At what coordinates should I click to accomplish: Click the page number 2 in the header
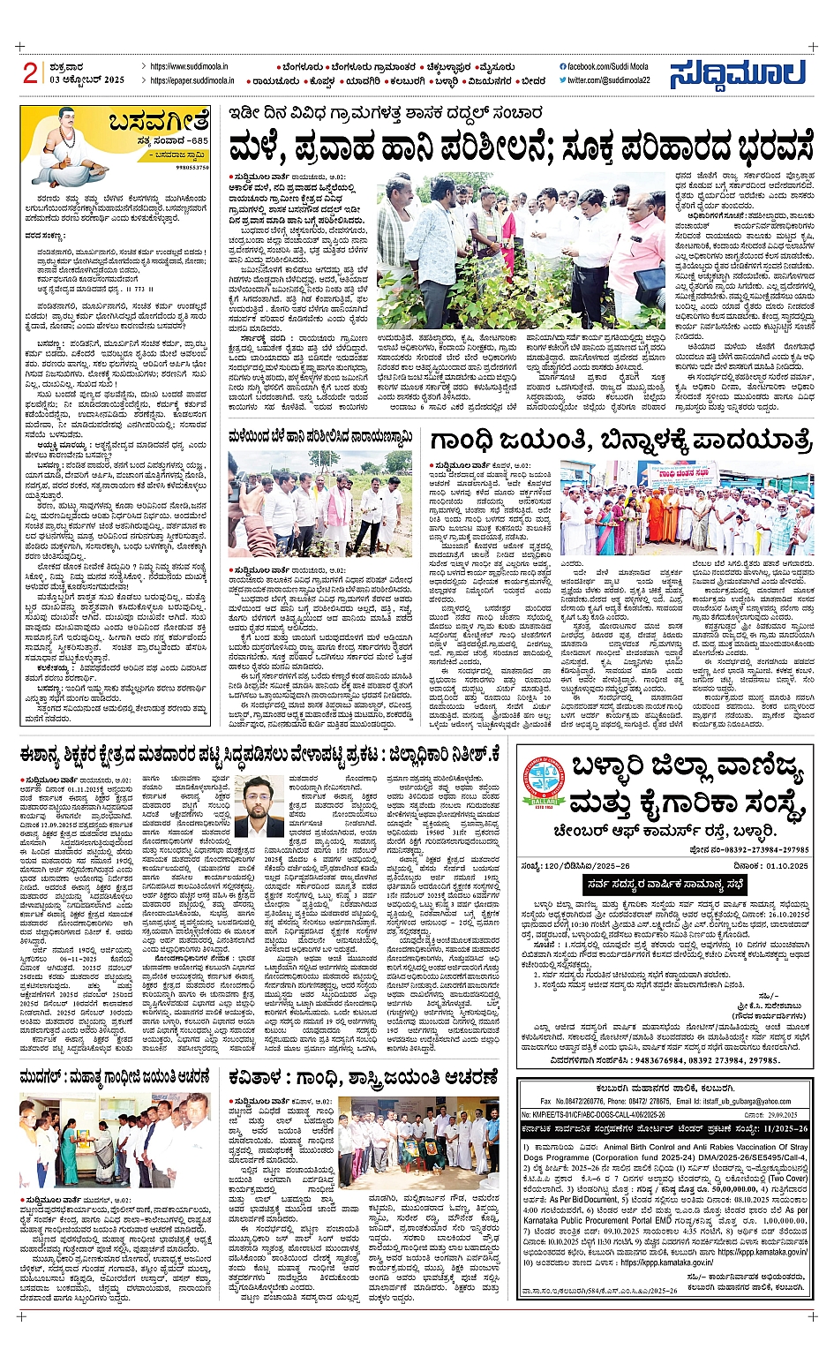tap(30, 73)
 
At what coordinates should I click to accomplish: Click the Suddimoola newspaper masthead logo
tap(738, 74)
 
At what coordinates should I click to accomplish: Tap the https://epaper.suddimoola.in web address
tap(192, 80)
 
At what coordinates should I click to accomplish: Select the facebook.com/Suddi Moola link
tap(604, 67)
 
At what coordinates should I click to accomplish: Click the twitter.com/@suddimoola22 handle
tap(608, 80)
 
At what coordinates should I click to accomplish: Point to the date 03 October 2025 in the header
tap(87, 80)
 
